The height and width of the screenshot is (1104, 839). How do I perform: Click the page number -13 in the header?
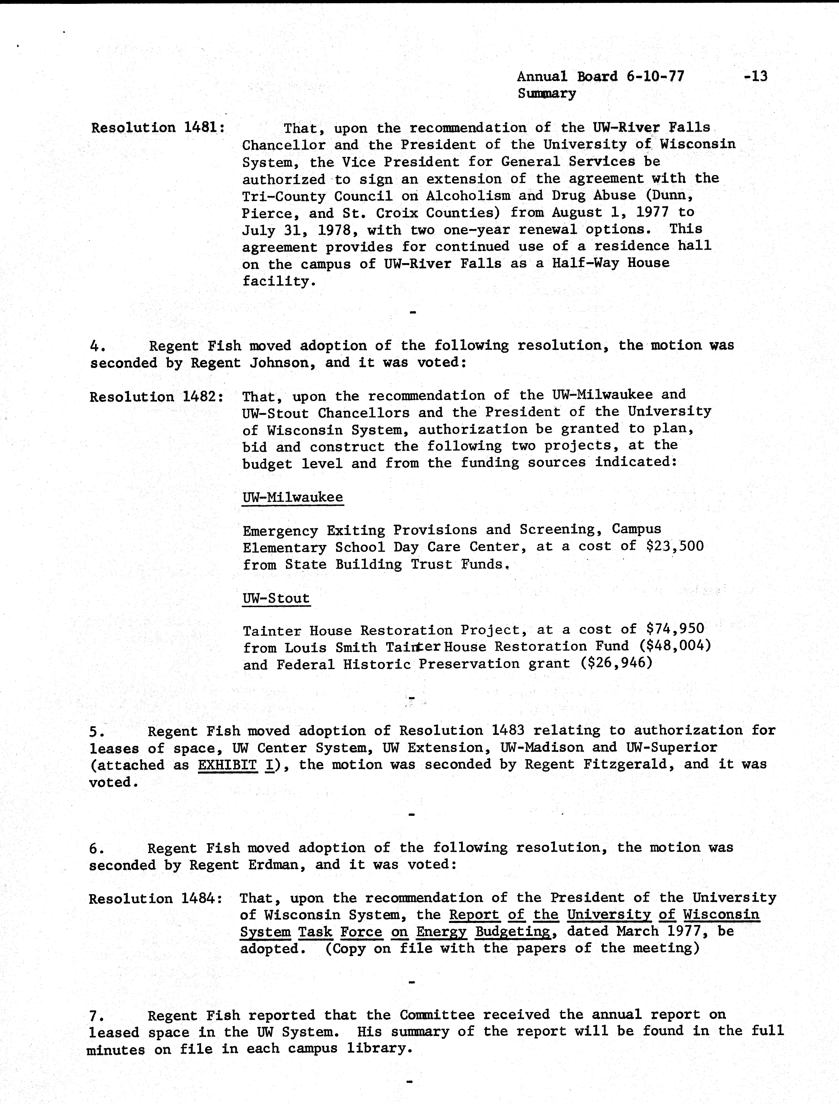click(755, 76)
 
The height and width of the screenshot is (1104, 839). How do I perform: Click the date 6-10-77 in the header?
click(654, 76)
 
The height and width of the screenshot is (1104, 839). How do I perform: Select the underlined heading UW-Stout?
click(276, 598)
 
